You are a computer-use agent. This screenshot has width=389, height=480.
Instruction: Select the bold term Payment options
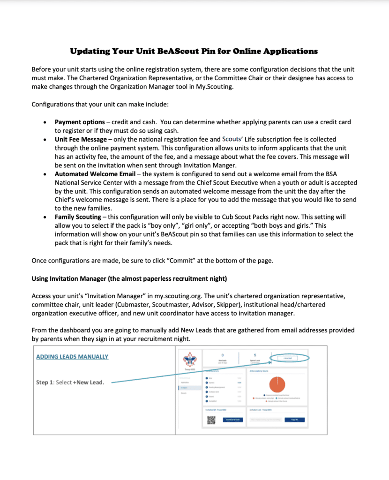click(x=80, y=122)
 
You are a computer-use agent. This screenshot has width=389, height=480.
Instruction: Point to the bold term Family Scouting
click(x=78, y=217)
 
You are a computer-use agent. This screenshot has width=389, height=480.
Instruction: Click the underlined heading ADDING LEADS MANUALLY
click(x=72, y=357)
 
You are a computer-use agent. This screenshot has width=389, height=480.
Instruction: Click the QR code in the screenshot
click(x=211, y=420)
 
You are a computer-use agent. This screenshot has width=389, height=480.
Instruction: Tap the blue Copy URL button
click(x=294, y=420)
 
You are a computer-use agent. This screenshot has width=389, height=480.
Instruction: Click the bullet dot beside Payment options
click(x=44, y=123)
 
